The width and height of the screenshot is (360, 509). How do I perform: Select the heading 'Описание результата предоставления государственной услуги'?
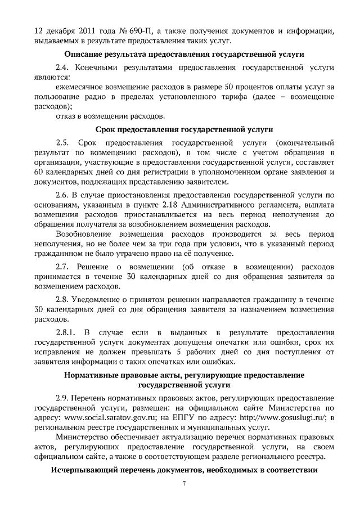coord(184,55)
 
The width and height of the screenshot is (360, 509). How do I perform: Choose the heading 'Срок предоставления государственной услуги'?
coord(184,129)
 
